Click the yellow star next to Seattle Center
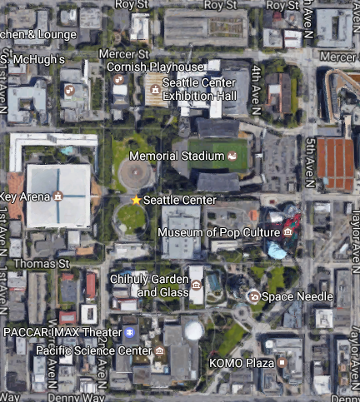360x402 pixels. point(137,200)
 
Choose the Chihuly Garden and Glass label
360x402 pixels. point(147,286)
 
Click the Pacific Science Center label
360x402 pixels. point(93,350)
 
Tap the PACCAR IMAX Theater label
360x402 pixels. point(62,332)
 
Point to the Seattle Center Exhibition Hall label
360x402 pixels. point(199,89)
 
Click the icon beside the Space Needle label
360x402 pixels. point(253,295)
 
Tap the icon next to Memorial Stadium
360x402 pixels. point(232,156)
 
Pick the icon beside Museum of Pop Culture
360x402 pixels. point(287,231)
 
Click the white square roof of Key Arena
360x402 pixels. point(58,195)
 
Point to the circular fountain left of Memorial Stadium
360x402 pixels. point(135,173)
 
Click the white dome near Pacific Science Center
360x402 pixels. point(193,331)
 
